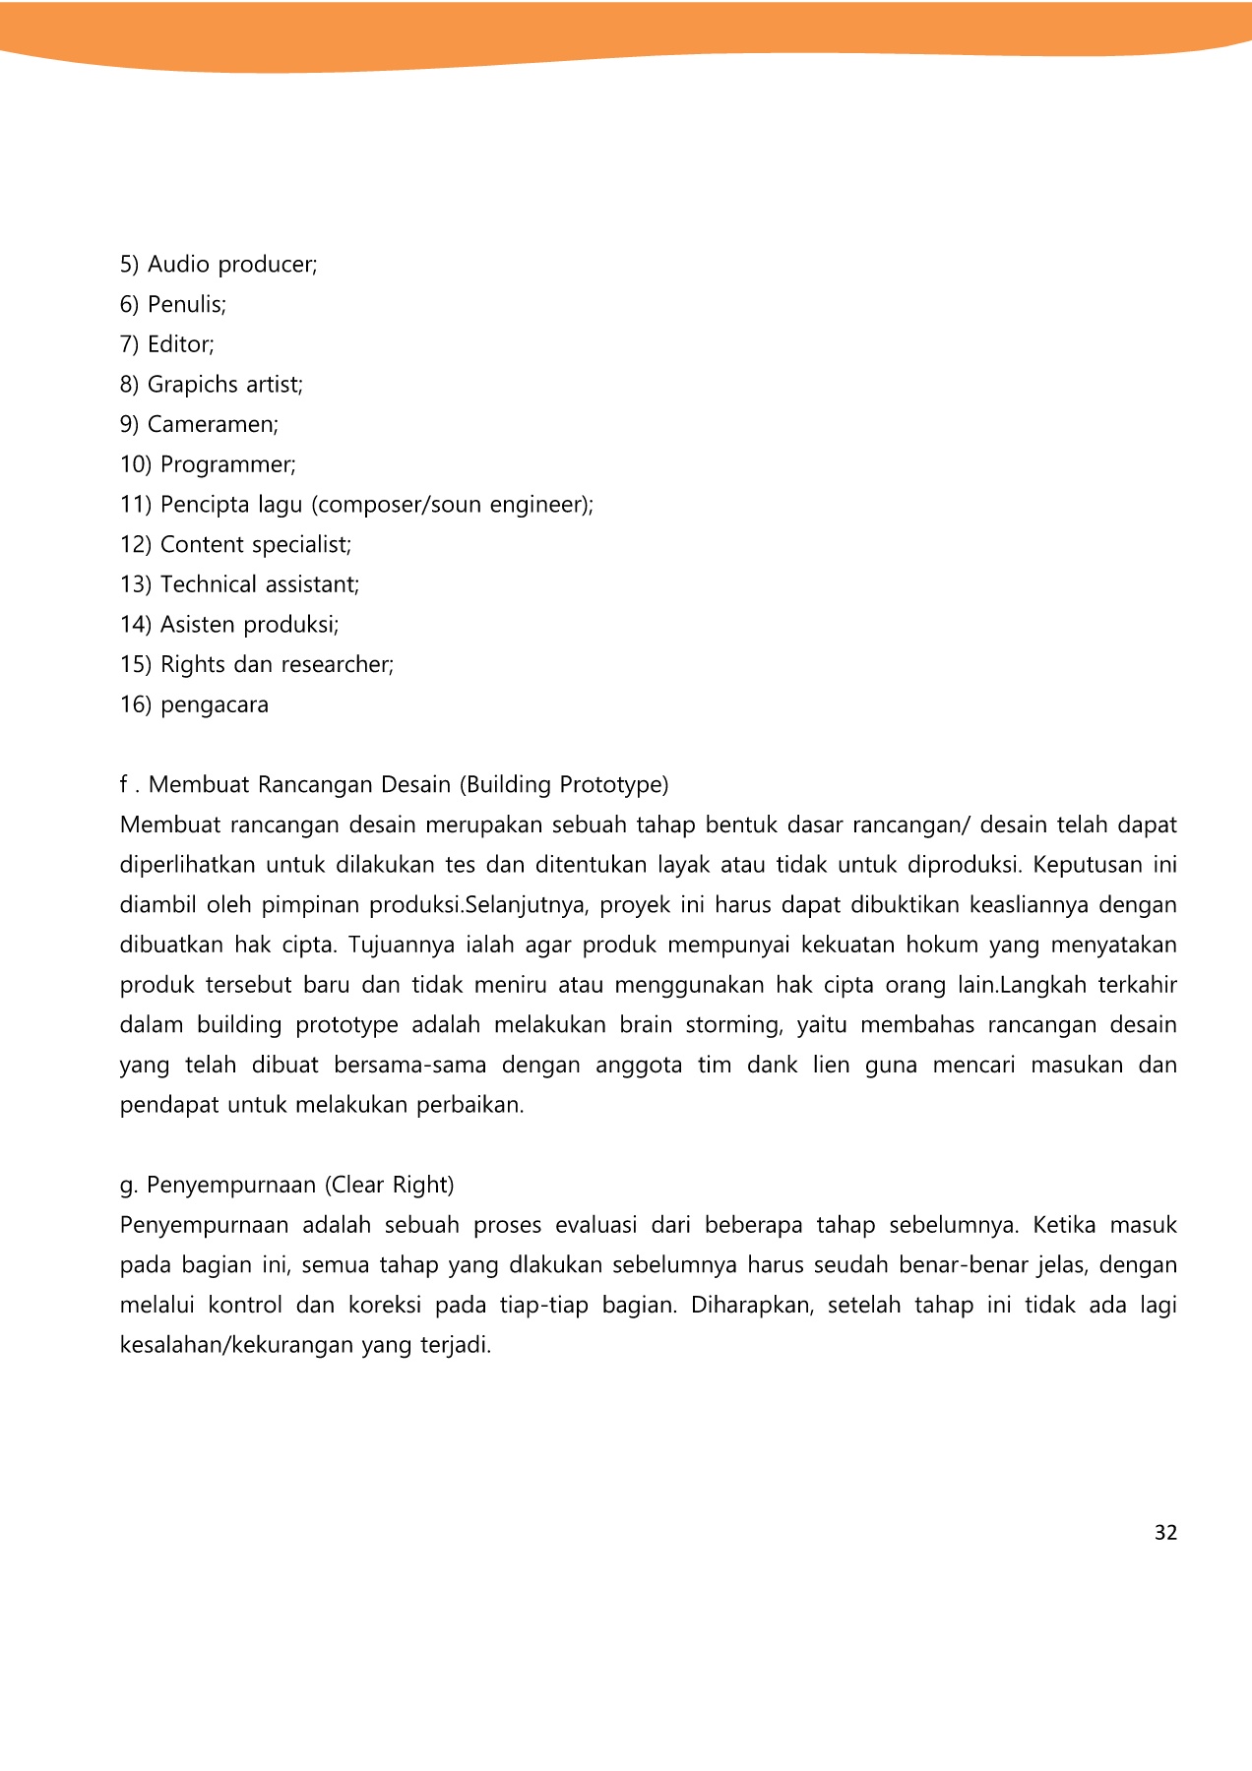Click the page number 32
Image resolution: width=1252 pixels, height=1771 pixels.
1165,1533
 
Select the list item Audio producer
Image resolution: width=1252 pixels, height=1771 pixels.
232,265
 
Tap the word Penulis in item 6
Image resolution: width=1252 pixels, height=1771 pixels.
186,305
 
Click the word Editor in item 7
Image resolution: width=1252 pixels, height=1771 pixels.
180,344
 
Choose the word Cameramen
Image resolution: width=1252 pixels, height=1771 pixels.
213,425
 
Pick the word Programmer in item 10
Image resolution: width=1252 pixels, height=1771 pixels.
227,464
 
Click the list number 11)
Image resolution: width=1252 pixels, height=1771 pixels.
136,505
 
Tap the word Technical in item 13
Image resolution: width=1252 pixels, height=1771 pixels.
207,584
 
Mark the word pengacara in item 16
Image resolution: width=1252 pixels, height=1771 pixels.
215,705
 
